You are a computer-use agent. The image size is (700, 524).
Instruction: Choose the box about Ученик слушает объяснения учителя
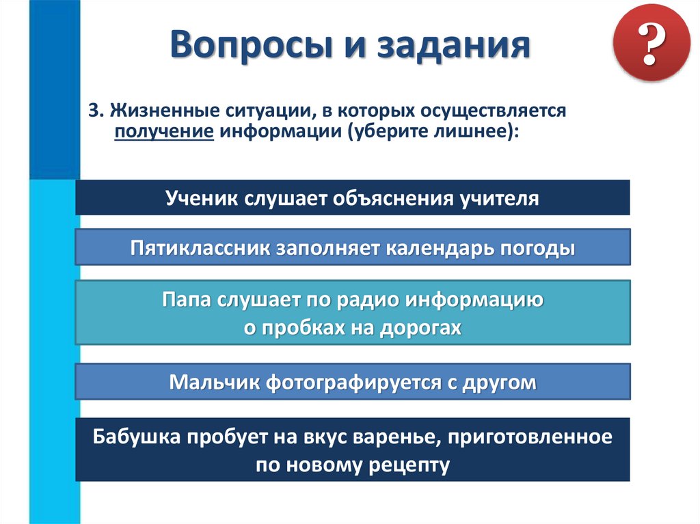(352, 198)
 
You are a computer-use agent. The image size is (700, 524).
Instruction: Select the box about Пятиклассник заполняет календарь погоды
(352, 247)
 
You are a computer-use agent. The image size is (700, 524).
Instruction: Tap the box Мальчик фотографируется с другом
(352, 382)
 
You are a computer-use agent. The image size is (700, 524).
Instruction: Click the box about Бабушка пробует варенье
(352, 450)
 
